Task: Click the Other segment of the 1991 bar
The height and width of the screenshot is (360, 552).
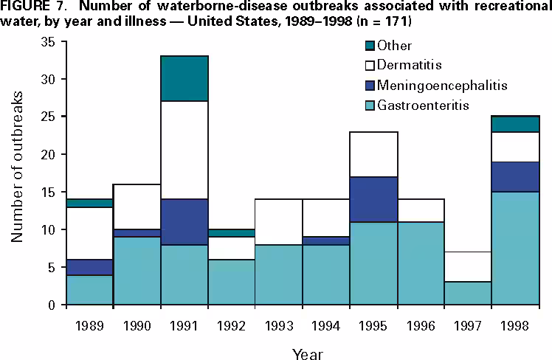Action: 184,78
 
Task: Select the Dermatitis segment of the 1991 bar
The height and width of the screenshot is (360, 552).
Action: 184,150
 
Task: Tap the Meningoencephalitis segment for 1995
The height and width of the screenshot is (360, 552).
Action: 373,199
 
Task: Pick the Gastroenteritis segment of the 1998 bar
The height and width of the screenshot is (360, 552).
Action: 514,248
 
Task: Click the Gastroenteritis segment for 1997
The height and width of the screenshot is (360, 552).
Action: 467,293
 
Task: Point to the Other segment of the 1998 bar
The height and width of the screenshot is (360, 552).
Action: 514,124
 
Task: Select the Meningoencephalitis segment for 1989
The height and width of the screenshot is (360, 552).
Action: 89,267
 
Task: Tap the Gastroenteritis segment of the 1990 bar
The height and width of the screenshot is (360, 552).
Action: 136,270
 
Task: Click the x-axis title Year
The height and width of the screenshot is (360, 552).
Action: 306,352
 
